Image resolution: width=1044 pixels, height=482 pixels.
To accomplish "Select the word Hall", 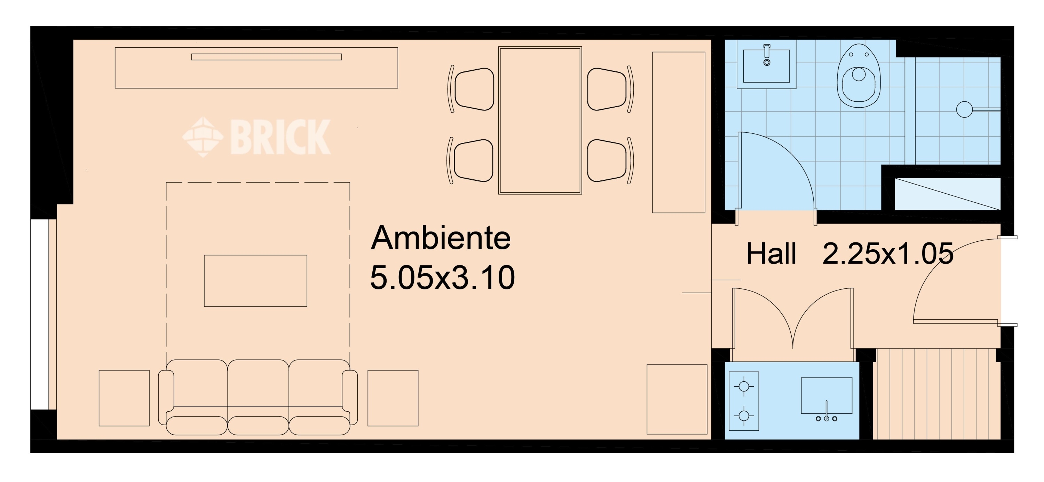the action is pos(771,254).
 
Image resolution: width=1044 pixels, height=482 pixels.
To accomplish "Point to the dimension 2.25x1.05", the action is pos(887,254).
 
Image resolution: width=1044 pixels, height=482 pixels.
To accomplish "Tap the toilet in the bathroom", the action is pos(859,76).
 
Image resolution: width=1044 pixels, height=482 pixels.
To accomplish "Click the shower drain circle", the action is pos(964,110).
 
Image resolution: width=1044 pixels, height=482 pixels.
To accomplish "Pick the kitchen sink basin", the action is pos(826,396).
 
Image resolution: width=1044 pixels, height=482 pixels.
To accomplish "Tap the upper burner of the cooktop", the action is pos(744,386).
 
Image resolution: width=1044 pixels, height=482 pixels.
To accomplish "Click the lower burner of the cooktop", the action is pos(744,416).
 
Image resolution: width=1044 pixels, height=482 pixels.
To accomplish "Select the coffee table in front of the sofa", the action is pos(255,281).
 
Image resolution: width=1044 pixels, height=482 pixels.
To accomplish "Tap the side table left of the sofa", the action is pos(124,398).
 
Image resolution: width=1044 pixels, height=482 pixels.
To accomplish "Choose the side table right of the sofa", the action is pos(393,398).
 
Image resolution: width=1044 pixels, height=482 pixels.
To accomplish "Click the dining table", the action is pos(540,120).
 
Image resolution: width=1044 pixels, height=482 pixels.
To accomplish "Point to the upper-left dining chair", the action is pos(471,89).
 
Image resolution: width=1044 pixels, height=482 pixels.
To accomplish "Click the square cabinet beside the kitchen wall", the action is pos(677,399).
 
